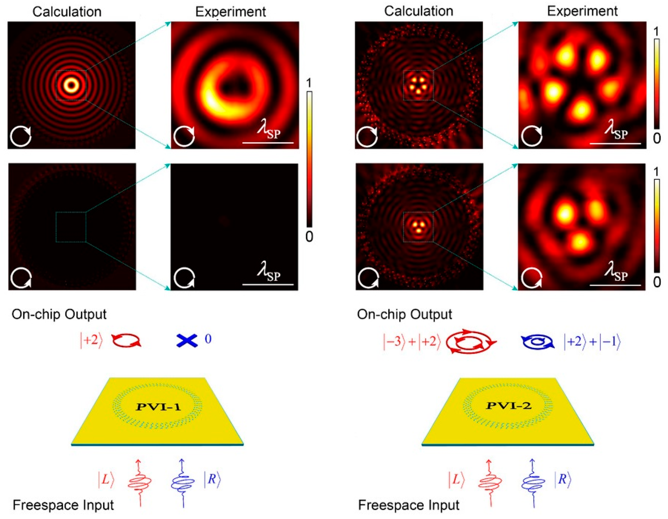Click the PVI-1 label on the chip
coord(159,407)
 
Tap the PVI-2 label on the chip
coord(509,406)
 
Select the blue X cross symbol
coord(187,340)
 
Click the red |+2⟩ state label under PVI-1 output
coord(91,340)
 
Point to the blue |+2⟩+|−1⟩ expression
coord(592,341)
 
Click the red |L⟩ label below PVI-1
coord(106,480)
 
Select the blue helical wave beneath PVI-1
coord(183,483)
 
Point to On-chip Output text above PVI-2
coord(404,314)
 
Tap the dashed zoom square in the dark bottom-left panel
coord(71,227)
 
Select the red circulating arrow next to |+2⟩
coord(126,340)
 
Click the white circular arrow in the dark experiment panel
coord(184,278)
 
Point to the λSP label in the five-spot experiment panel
coord(616,131)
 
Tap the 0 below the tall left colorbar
coord(309,236)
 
